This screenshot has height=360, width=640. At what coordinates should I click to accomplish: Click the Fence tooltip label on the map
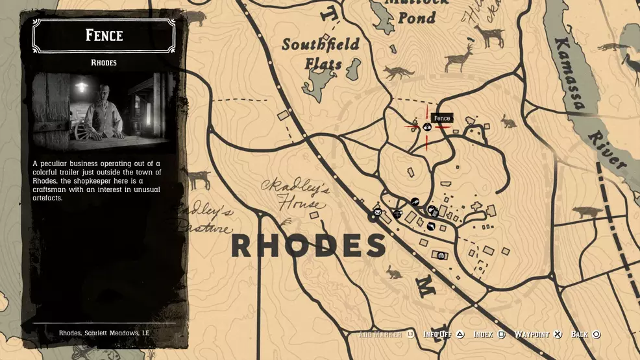442,118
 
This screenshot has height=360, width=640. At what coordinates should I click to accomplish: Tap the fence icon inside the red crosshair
426,127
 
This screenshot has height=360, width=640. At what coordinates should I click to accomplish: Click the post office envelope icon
378,213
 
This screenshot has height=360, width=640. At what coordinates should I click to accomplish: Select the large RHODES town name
308,245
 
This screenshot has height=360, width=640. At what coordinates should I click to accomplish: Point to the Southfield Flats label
321,54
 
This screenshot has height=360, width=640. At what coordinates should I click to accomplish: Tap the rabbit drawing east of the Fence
508,121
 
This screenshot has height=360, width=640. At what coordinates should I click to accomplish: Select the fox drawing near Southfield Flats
397,72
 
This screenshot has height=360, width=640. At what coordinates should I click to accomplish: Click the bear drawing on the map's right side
588,213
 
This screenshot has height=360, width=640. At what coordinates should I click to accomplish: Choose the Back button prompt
585,335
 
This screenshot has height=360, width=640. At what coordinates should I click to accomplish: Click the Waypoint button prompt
538,335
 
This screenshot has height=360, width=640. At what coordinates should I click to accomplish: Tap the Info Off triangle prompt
443,335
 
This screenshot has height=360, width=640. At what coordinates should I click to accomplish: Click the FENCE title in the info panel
104,35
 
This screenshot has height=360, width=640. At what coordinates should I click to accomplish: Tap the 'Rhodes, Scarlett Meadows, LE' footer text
104,333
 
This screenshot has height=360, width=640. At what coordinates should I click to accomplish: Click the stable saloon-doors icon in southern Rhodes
441,256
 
